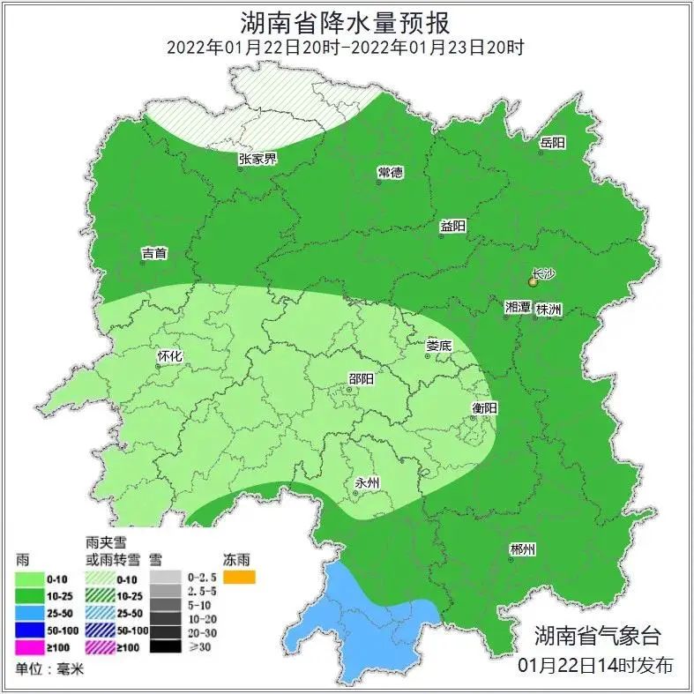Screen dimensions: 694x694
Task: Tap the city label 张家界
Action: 257,160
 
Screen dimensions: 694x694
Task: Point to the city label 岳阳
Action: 552,143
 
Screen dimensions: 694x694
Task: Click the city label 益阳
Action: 452,227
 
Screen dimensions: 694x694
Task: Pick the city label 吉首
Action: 154,254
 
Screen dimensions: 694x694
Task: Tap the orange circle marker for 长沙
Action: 533,283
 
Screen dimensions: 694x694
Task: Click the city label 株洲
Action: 548,309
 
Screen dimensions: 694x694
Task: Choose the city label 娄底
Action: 438,346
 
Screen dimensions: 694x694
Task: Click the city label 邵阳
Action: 361,379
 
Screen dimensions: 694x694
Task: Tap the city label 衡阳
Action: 484,408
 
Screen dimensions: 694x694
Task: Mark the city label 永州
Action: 366,483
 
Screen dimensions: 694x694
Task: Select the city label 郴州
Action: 523,549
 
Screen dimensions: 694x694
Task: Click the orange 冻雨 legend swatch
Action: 239,578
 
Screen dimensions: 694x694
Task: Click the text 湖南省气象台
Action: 597,635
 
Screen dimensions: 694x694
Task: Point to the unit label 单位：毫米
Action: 48,669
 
